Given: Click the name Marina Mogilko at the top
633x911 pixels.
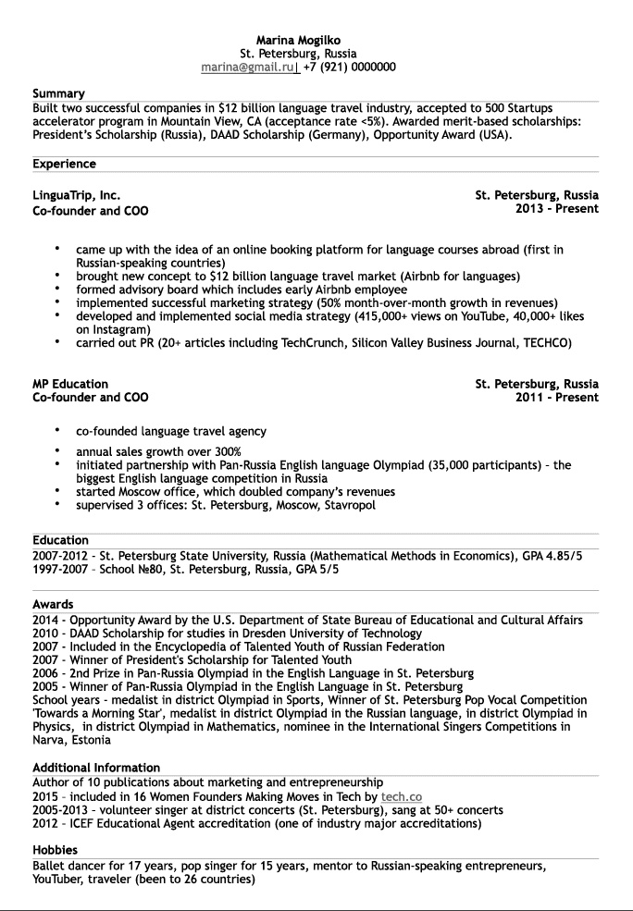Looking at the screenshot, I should [x=298, y=41].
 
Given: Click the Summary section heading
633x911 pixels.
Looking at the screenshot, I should [x=58, y=93].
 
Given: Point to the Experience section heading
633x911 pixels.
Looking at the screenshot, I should [x=64, y=164].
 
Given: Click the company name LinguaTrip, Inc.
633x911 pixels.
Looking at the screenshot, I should [x=76, y=195].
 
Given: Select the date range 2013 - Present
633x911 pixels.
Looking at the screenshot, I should [x=556, y=209].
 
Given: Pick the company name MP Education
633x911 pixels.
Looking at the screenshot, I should [x=70, y=384].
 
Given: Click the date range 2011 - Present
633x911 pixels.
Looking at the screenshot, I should [x=556, y=398].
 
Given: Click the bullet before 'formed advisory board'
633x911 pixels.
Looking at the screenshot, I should [x=56, y=289].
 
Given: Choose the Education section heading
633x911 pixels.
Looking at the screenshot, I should [x=60, y=540].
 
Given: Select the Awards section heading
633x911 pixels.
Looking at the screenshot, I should [x=53, y=605].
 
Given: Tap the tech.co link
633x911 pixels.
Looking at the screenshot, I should [x=401, y=796].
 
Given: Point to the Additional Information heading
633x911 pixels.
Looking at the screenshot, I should [x=96, y=768].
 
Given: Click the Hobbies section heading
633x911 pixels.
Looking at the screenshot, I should [x=55, y=850].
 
